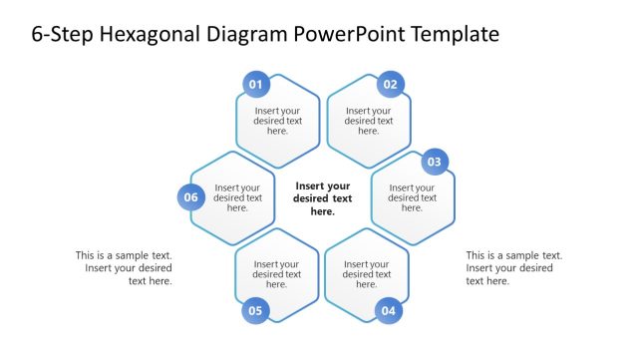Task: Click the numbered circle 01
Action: click(256, 85)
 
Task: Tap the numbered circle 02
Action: click(390, 85)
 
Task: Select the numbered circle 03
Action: click(435, 162)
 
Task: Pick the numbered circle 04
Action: click(389, 311)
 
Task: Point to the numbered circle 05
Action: click(255, 311)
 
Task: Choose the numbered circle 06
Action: click(191, 197)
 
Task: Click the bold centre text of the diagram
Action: click(323, 198)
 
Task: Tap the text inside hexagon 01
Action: click(278, 121)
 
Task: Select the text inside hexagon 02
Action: click(369, 121)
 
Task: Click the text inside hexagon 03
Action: click(413, 197)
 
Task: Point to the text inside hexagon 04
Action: click(368, 274)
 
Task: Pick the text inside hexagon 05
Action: click(277, 274)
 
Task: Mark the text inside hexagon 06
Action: click(238, 197)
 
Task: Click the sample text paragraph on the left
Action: click(124, 268)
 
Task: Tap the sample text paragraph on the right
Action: click(513, 268)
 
